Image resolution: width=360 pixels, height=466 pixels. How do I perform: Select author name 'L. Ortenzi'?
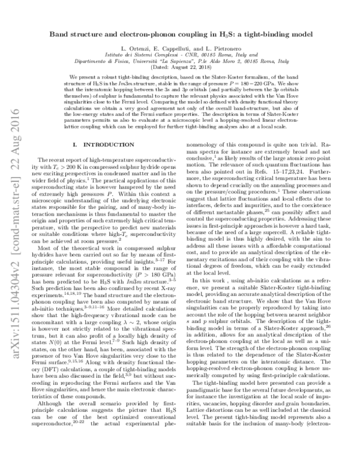pos(137,47)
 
